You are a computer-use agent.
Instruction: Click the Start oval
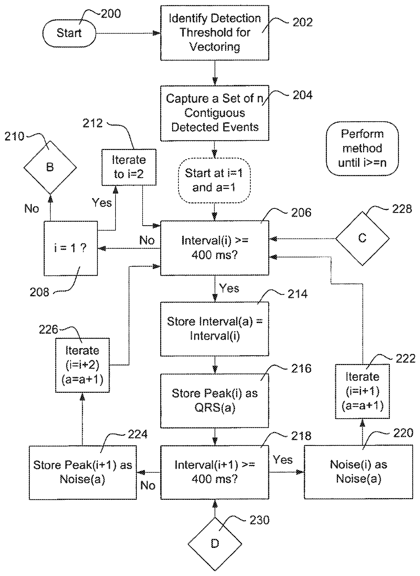[x=69, y=33]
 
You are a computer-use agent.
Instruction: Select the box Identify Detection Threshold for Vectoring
[x=214, y=33]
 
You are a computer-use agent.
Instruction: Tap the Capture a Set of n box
[x=214, y=113]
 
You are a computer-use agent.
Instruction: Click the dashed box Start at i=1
[x=214, y=180]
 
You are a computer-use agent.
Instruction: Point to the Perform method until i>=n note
[x=362, y=148]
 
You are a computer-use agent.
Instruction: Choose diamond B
[x=50, y=167]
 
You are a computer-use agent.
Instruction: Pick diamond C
[x=362, y=238]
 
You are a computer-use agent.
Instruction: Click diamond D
[x=215, y=544]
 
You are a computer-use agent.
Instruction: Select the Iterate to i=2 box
[x=129, y=167]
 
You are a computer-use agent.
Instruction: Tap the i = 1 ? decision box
[x=70, y=248]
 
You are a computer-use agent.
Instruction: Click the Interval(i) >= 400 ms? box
[x=214, y=248]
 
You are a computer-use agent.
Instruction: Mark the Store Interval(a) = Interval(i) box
[x=214, y=328]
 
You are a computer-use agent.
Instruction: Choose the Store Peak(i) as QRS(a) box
[x=214, y=400]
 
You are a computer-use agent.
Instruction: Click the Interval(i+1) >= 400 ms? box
[x=214, y=472]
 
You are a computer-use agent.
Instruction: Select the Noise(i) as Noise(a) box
[x=358, y=472]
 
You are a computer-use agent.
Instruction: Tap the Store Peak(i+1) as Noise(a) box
[x=83, y=472]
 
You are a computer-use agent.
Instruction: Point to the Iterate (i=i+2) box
[x=82, y=365]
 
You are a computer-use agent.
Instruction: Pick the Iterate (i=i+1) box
[x=362, y=391]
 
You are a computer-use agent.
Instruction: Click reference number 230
[x=259, y=520]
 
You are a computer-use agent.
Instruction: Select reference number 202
[x=302, y=22]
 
